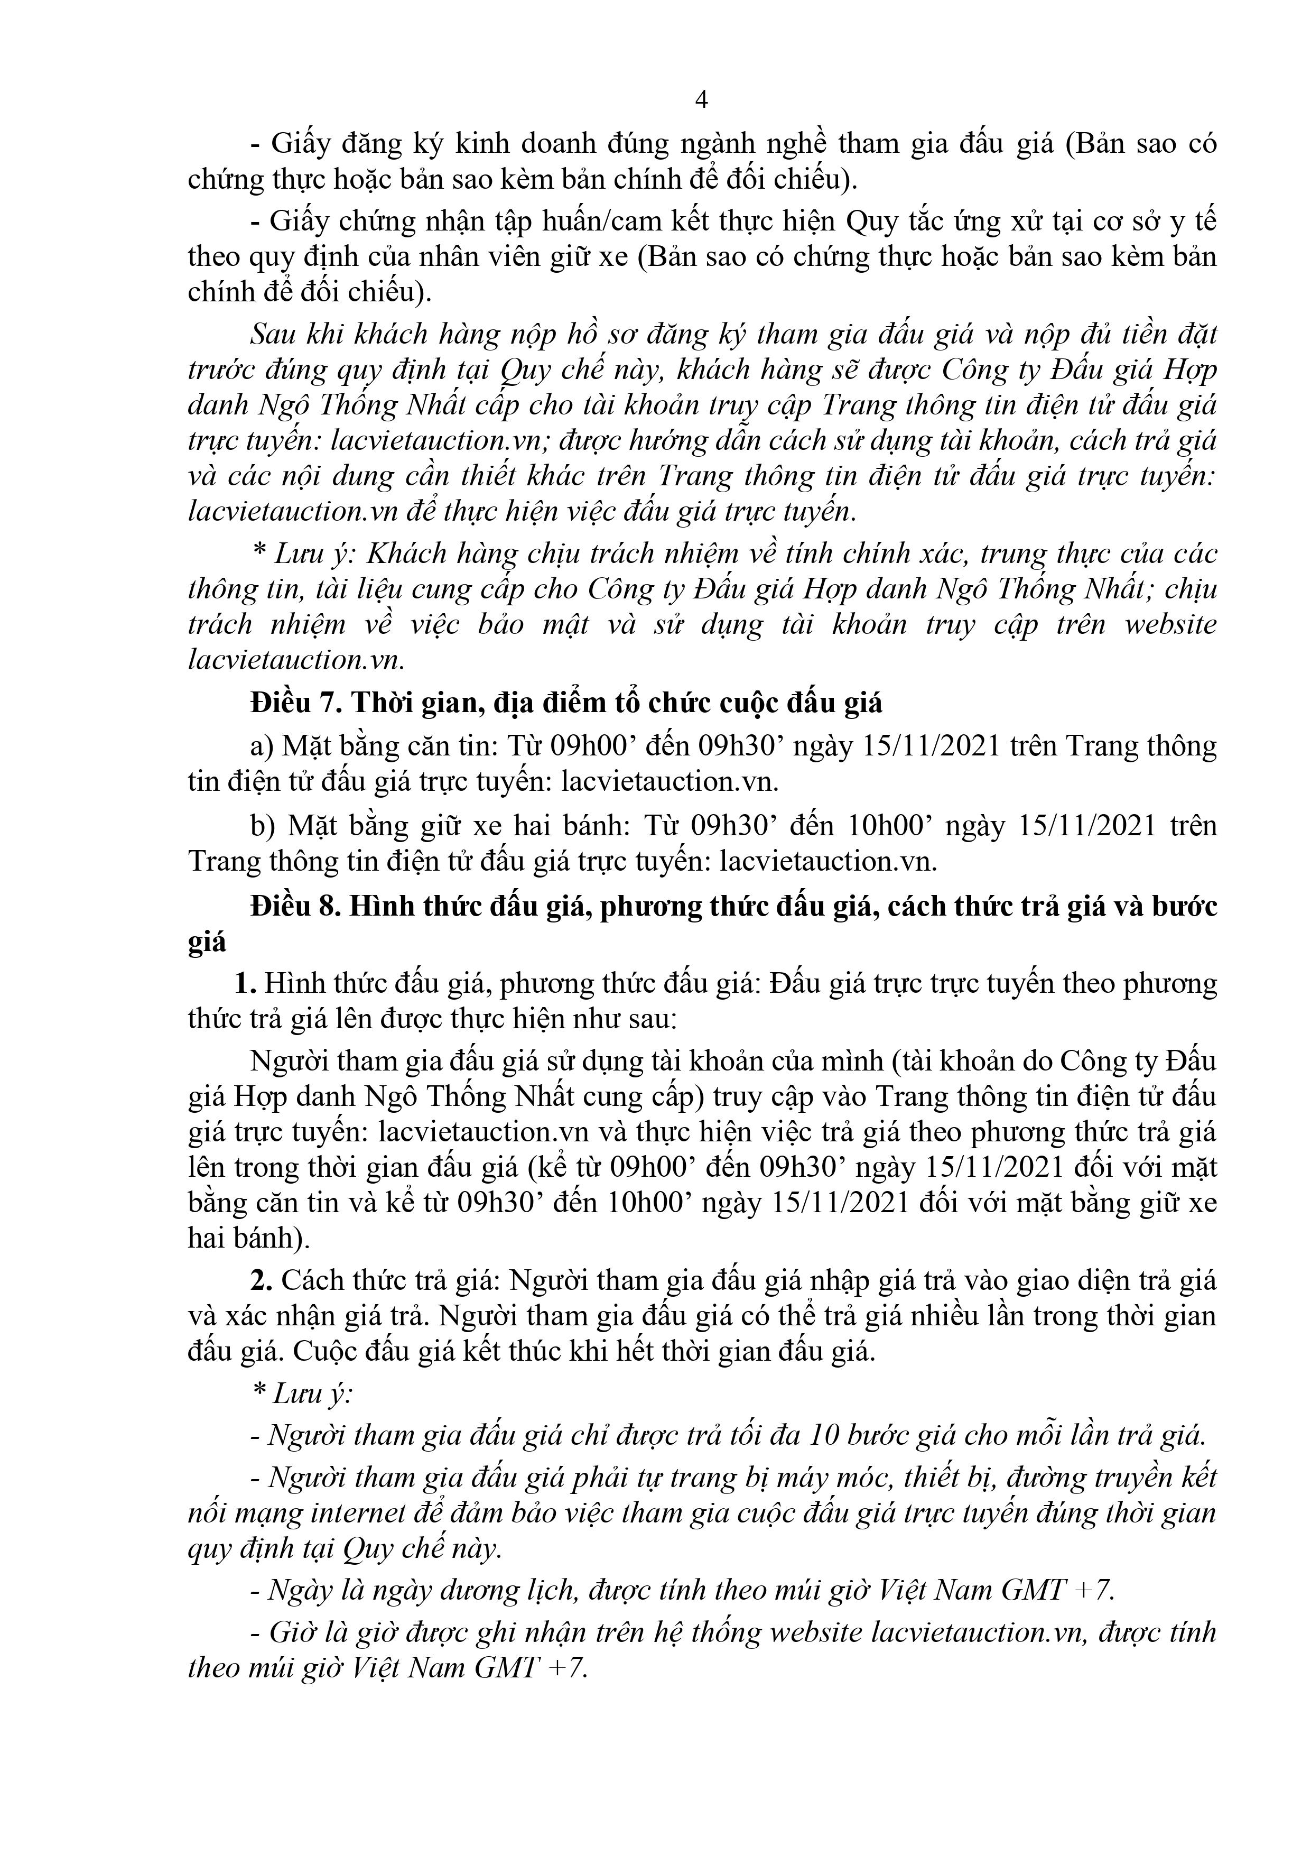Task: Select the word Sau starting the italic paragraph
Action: (x=275, y=334)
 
